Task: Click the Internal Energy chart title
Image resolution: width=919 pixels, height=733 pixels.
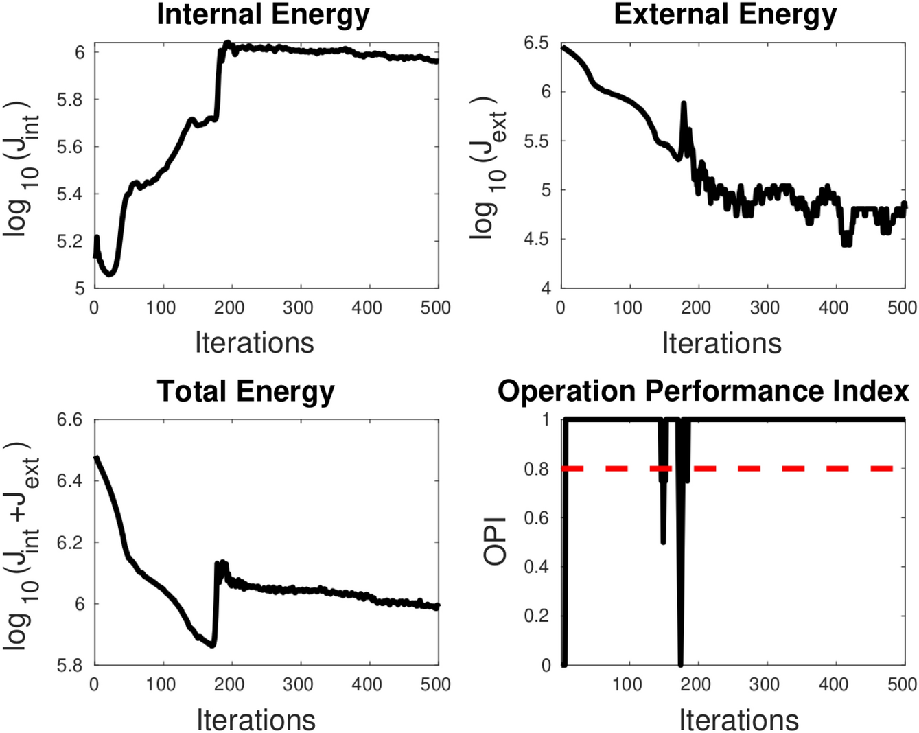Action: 263,14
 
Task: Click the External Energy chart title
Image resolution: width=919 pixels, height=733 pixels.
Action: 725,14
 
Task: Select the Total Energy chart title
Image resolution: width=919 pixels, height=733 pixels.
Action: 246,391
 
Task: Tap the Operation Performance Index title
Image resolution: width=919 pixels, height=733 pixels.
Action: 703,391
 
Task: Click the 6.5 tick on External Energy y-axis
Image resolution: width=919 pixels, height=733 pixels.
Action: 536,43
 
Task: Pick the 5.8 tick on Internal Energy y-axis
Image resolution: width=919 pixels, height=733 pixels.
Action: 70,100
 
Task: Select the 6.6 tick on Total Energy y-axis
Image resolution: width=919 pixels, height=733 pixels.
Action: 70,419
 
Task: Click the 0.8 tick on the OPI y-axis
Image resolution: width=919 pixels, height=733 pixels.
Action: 536,469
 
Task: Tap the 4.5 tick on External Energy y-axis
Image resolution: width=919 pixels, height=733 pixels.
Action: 536,239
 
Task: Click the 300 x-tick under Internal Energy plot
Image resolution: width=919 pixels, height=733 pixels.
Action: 298,307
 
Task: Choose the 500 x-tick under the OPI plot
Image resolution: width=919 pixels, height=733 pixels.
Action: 902,684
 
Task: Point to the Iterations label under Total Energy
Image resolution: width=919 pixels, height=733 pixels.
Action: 256,719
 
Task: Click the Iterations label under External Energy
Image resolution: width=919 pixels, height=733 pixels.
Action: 721,342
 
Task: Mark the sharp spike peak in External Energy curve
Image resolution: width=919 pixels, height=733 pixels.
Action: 684,104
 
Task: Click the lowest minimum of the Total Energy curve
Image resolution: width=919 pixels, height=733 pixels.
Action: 213,645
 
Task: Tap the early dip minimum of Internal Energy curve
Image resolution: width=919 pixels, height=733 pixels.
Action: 109,274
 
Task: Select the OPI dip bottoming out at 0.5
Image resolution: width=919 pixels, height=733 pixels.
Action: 663,542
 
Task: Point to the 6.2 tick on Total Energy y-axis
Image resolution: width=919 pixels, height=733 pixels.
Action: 70,542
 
